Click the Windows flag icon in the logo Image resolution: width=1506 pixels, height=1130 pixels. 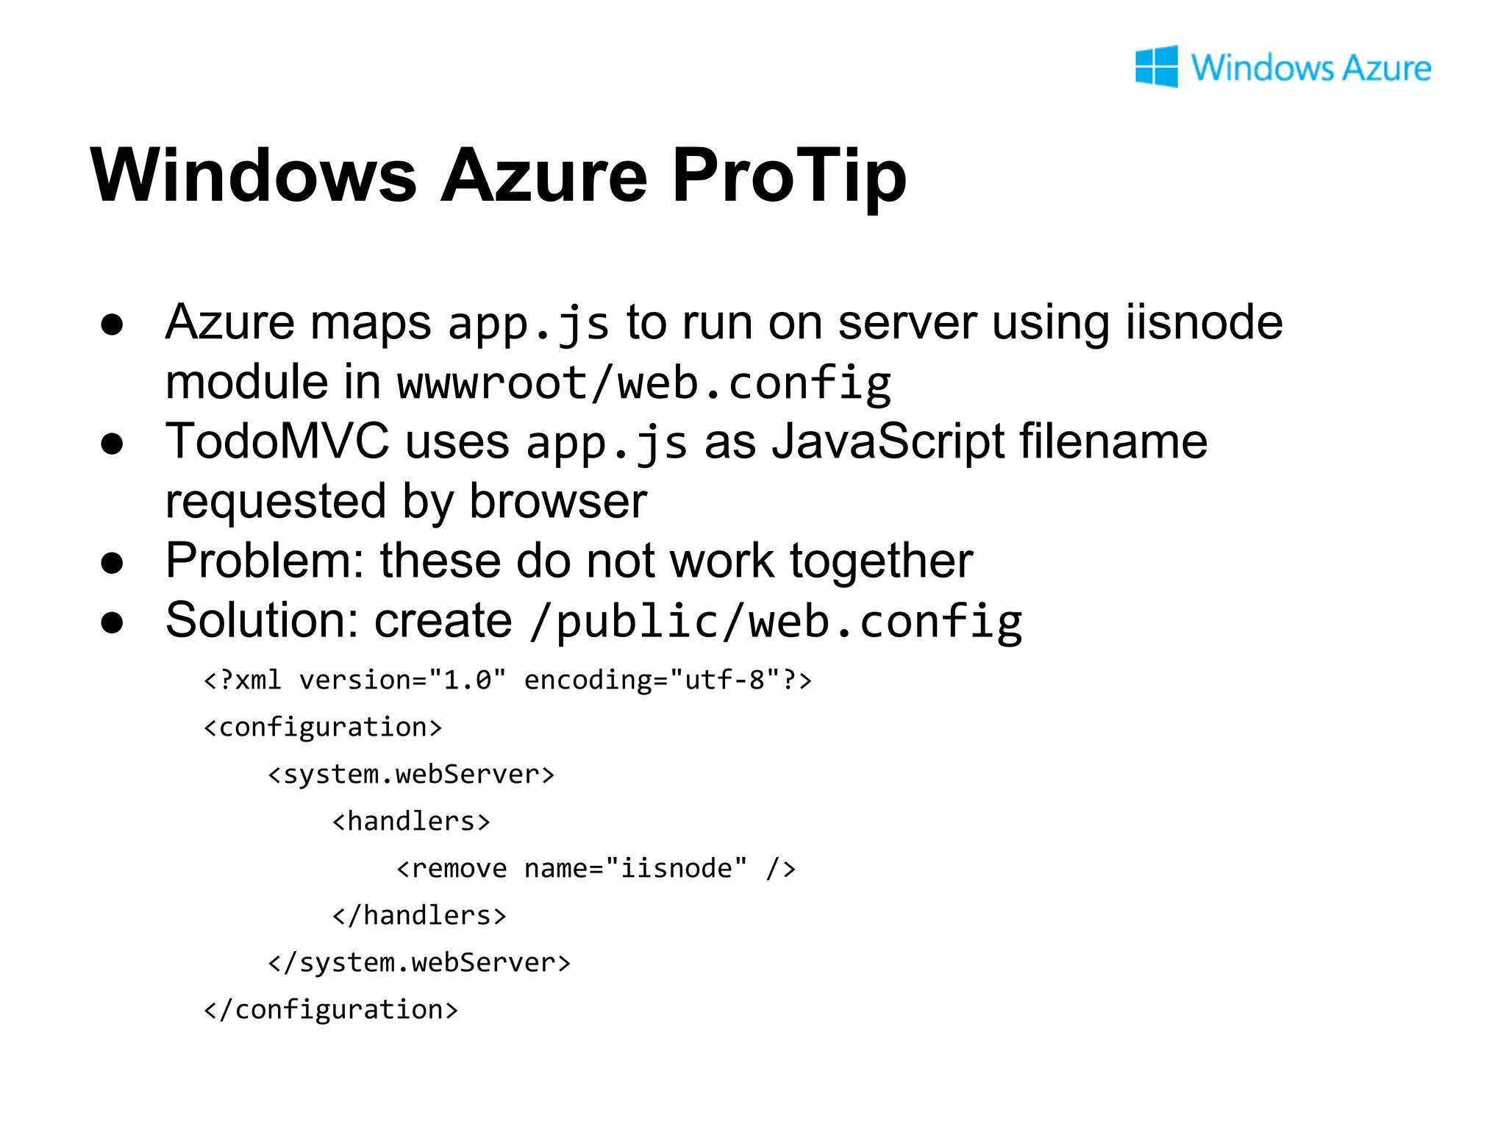(x=1156, y=67)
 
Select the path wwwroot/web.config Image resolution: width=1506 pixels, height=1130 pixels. (x=643, y=383)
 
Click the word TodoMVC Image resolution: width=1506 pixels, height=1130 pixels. (x=277, y=442)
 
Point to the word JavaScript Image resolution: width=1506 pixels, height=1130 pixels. (x=888, y=442)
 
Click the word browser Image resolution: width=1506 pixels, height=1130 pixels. (x=558, y=502)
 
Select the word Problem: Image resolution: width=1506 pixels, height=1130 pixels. (x=265, y=561)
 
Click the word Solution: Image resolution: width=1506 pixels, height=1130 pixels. (x=262, y=621)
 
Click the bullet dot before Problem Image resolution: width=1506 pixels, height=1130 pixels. (x=113, y=563)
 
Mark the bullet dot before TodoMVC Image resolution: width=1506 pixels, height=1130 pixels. (x=113, y=444)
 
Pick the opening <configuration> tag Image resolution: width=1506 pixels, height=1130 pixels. (x=323, y=728)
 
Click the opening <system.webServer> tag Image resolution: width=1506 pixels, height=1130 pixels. (x=411, y=775)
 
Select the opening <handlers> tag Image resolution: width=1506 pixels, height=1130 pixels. (x=411, y=822)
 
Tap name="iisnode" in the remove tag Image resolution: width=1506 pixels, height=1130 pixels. (x=635, y=869)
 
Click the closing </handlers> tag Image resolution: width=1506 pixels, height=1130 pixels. (x=419, y=916)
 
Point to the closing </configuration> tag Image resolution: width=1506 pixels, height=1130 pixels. (x=331, y=1010)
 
